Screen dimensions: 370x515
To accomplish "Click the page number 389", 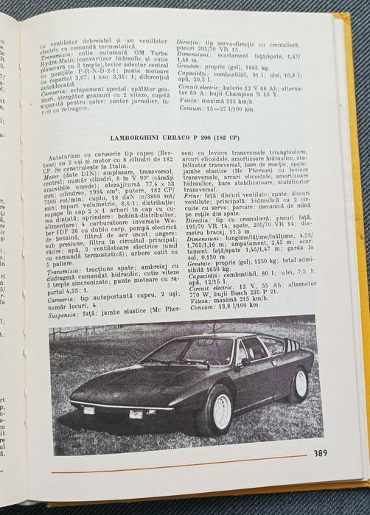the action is tap(319, 452).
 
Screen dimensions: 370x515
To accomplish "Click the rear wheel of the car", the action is tap(300, 382).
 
